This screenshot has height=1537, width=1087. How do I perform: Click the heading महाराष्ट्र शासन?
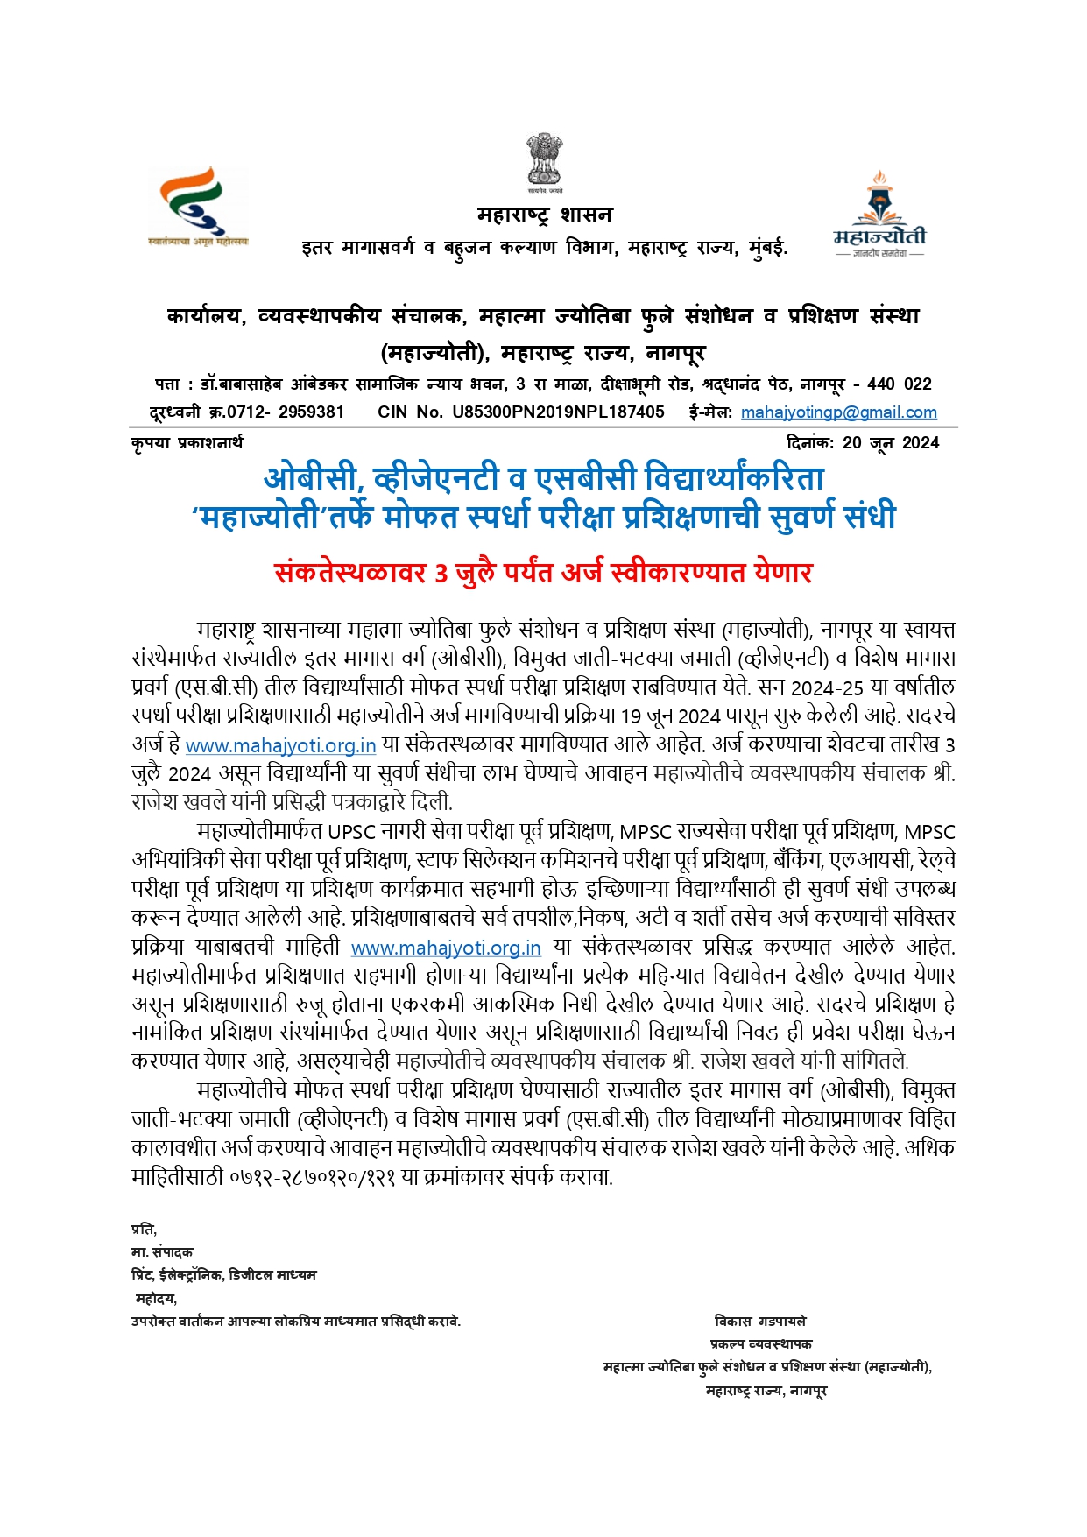click(544, 215)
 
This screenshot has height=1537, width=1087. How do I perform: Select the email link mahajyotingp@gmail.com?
click(838, 412)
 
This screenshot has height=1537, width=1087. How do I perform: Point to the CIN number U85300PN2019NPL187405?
click(558, 412)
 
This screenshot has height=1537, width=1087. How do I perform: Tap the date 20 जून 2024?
click(891, 443)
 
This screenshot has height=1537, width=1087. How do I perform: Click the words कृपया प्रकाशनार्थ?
click(187, 443)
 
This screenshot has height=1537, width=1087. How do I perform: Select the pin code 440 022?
click(899, 384)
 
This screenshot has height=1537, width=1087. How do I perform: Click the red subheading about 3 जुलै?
click(543, 573)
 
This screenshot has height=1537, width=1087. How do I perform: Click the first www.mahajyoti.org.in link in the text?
click(280, 746)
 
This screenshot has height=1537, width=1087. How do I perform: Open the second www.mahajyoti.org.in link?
click(445, 948)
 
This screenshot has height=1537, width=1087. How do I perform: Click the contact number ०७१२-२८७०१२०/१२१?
click(312, 1178)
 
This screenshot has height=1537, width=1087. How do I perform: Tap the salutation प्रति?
click(144, 1230)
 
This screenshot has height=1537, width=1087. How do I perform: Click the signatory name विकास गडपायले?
click(759, 1322)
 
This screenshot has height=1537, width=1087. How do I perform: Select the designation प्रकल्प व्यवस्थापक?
click(760, 1344)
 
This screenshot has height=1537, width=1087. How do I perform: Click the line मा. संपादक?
click(162, 1252)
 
